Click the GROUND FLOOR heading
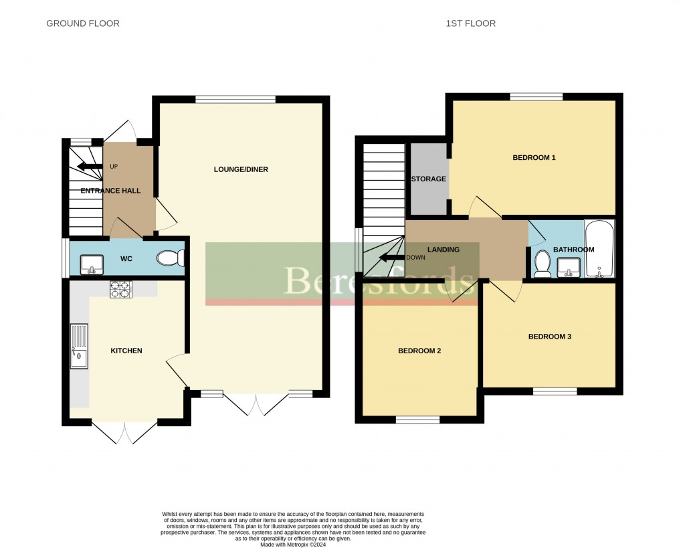point(83,23)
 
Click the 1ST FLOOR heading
point(471,23)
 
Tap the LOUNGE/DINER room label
point(241,169)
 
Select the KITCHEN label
point(126,351)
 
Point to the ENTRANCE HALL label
point(110,191)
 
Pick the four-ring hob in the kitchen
point(121,289)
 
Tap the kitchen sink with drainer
point(78,347)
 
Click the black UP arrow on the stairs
point(88,166)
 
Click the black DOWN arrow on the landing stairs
point(391,258)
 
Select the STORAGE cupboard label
point(429,179)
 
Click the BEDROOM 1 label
point(534,158)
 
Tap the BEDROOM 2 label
point(419,351)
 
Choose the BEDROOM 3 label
point(550,337)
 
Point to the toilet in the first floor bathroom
point(543,264)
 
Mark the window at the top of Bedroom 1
point(536,97)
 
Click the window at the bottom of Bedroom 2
point(417,420)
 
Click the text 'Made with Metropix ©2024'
point(293,545)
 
